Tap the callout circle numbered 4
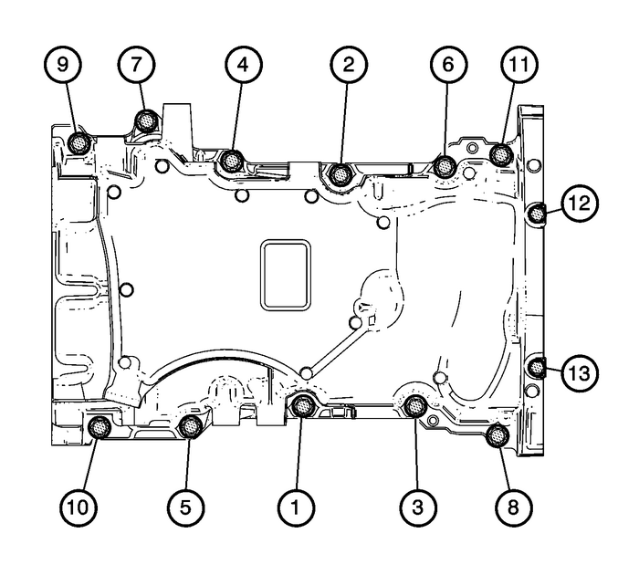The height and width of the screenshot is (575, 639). (x=242, y=66)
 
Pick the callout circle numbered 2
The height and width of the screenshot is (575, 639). (x=349, y=66)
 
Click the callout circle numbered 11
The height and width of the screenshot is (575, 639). (x=518, y=66)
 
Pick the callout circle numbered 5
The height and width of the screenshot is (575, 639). (x=187, y=503)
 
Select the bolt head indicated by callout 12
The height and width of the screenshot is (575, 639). (x=537, y=214)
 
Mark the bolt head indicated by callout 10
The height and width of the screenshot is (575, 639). (x=99, y=424)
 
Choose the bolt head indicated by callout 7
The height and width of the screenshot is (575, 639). (x=144, y=120)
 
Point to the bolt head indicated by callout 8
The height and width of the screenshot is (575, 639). (x=498, y=435)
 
